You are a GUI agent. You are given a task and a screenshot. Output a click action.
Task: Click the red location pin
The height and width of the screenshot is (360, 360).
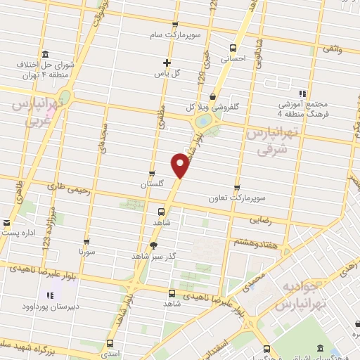click(x=181, y=166)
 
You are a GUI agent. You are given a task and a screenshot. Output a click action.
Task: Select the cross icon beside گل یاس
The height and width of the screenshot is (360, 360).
click(x=166, y=63)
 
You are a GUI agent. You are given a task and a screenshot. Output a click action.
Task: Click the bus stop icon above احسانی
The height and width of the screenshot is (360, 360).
click(x=233, y=48)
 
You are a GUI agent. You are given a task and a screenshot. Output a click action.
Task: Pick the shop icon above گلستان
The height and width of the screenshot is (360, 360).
click(x=152, y=174)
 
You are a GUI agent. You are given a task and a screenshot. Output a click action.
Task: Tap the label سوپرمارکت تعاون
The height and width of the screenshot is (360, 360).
click(x=237, y=198)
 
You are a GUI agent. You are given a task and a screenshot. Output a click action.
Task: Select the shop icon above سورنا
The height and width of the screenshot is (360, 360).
click(x=86, y=240)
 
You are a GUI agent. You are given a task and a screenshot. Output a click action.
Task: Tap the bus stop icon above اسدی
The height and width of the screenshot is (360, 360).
click(x=110, y=345)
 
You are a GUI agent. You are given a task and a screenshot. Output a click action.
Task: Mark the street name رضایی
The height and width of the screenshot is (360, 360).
click(x=260, y=220)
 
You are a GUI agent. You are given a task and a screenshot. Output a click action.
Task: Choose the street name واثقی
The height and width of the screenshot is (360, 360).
click(x=332, y=49)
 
